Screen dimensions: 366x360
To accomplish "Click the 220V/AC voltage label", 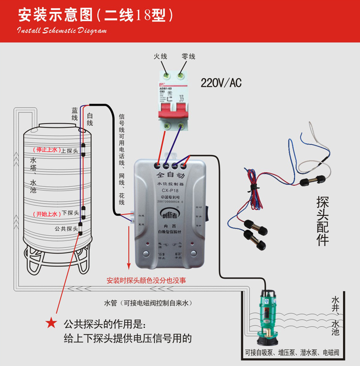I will tap(221, 83).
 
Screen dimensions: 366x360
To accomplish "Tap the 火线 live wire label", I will tap(160, 57).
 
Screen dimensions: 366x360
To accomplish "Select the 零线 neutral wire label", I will tap(188, 57).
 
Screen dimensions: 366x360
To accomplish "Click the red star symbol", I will tap(50, 323).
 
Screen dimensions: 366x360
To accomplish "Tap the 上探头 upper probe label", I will tap(70, 150).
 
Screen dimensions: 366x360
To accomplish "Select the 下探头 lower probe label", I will tap(70, 213).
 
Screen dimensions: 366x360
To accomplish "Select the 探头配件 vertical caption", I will tap(323, 221).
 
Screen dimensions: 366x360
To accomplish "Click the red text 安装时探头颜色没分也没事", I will tap(146, 280).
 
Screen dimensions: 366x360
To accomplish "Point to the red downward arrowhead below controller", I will tap(128, 266).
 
